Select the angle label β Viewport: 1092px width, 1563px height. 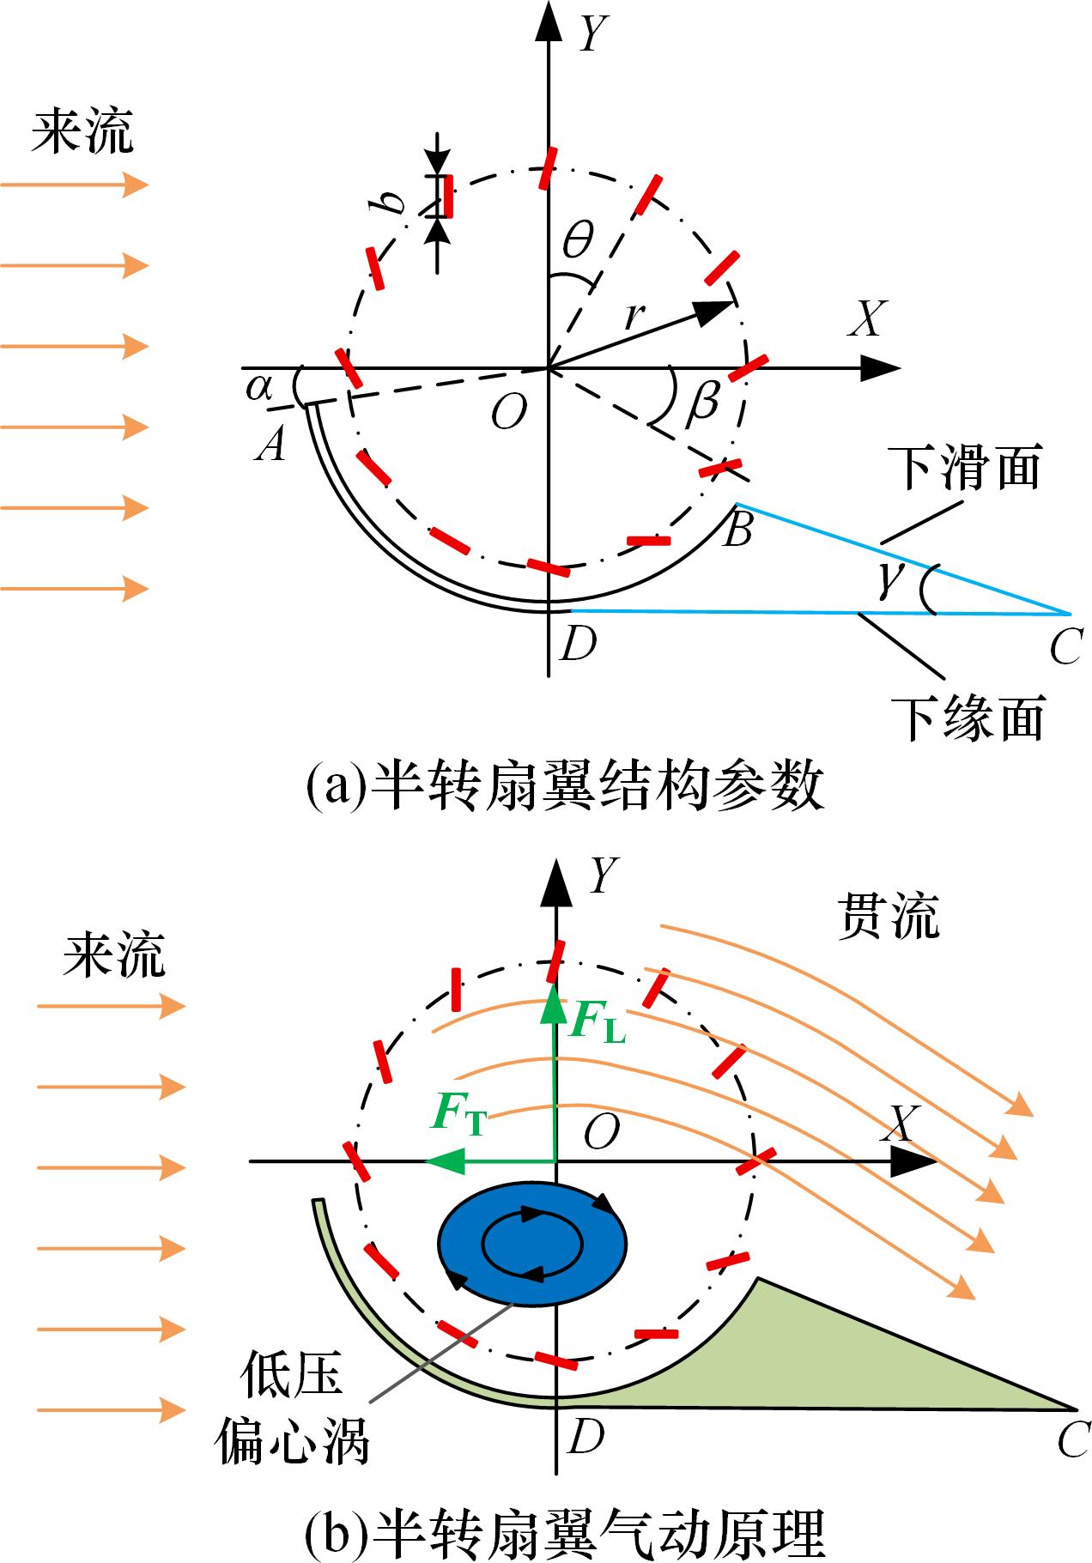click(x=703, y=399)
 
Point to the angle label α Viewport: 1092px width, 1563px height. click(x=258, y=387)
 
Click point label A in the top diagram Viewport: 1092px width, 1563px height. click(x=271, y=445)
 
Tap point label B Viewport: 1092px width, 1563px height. click(x=737, y=530)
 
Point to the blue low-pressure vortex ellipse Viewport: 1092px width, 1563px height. click(x=532, y=1241)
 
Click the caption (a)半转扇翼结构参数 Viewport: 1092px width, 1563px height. click(x=565, y=786)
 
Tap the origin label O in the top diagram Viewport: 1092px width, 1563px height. click(x=508, y=415)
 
